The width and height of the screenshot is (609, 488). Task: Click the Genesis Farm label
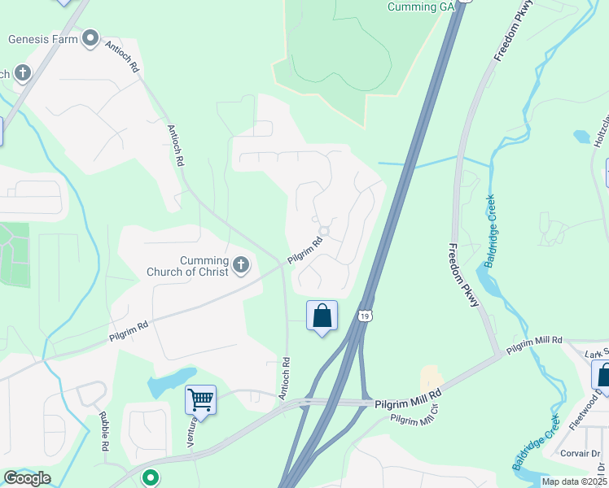(43, 38)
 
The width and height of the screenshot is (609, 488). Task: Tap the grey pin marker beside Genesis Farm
(90, 37)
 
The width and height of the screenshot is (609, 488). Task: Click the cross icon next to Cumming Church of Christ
(240, 264)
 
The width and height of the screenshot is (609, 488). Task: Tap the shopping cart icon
(200, 399)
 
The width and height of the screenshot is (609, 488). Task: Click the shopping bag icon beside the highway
(322, 316)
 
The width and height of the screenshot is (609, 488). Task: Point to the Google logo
(26, 478)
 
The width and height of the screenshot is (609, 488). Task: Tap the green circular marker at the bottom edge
(150, 477)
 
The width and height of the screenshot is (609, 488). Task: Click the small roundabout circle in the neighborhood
(323, 231)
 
